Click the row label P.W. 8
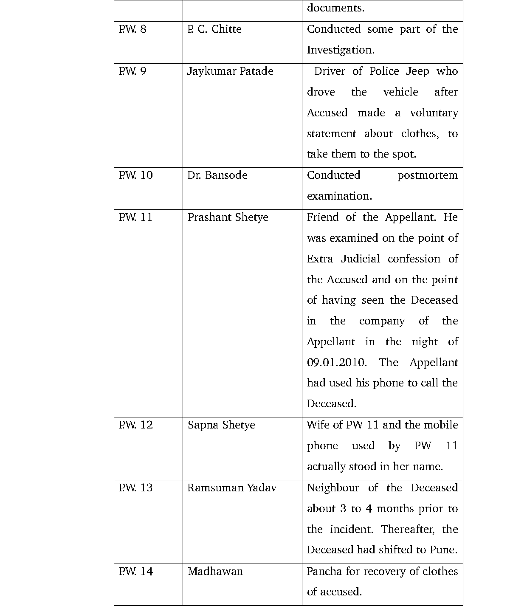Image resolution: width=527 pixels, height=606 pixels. point(132,29)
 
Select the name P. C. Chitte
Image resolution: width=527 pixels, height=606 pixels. point(214,29)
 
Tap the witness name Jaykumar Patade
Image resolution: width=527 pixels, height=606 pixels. point(230,71)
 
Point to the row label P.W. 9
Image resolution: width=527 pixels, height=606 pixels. point(132,71)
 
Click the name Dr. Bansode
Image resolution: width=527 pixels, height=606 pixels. point(217,175)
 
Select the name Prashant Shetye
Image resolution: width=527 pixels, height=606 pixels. point(228,217)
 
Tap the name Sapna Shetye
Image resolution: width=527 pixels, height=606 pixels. point(221,425)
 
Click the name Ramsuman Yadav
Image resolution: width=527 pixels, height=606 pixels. point(232,488)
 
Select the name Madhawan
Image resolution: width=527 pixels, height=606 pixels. point(215,572)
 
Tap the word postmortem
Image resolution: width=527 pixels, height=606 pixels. point(428,175)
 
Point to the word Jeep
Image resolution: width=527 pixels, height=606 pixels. point(417,71)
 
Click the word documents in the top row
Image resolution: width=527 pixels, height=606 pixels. point(335,8)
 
